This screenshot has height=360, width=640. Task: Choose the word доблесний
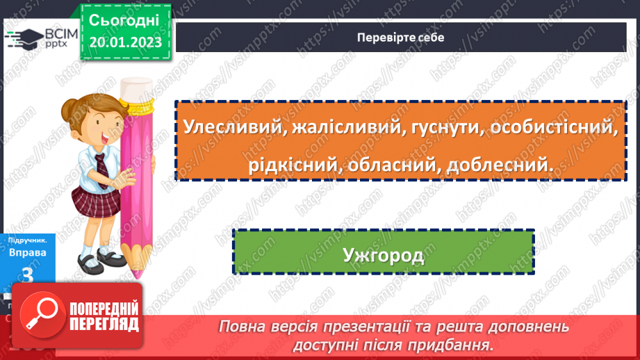pyautogui.click(x=500, y=165)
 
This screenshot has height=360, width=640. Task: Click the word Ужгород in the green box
pyautogui.click(x=383, y=255)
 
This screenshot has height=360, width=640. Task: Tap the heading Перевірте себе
pyautogui.click(x=400, y=38)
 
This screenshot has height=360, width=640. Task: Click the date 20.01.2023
pyautogui.click(x=125, y=42)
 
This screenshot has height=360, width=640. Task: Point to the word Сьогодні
pyautogui.click(x=124, y=19)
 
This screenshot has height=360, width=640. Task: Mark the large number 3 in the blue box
pyautogui.click(x=28, y=275)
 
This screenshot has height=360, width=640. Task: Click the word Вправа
pyautogui.click(x=27, y=252)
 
